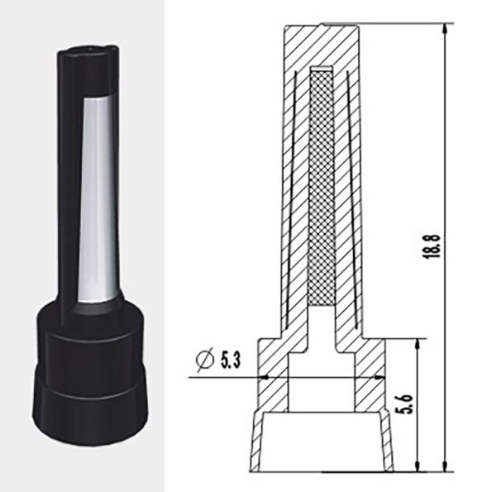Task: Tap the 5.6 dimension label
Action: tap(407, 404)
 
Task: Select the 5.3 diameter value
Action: tap(231, 360)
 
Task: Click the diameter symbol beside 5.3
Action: tap(204, 360)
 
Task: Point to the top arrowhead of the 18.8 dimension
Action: tap(444, 29)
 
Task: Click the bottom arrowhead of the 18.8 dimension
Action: tap(444, 466)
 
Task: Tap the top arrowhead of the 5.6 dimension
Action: tap(417, 344)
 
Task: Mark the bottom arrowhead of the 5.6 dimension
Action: tap(417, 466)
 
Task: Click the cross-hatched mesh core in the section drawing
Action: tap(322, 189)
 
